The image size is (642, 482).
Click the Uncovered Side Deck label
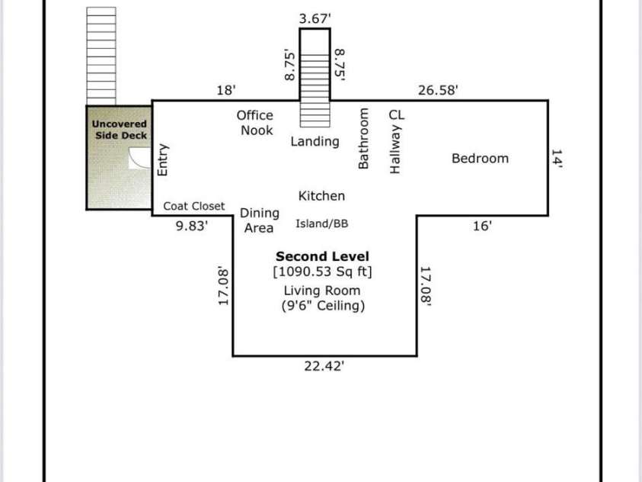(x=120, y=129)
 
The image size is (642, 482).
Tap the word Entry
(x=162, y=160)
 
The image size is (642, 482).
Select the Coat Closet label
(x=194, y=206)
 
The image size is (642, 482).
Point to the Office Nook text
(x=255, y=123)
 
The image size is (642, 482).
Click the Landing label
(x=315, y=141)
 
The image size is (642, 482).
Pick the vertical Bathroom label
(x=363, y=138)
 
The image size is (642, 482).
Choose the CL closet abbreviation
(x=397, y=114)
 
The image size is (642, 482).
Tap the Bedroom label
(x=480, y=159)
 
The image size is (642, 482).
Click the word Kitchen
(x=321, y=196)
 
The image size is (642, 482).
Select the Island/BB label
(x=322, y=223)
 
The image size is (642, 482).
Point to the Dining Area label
(x=259, y=220)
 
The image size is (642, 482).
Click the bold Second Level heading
(x=322, y=256)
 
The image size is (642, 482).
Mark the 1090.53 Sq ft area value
(x=322, y=272)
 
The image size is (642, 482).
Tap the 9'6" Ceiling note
(x=322, y=306)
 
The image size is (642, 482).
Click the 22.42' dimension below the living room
(x=324, y=366)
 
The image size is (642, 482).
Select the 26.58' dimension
(x=438, y=90)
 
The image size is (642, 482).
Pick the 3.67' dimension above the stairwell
(x=315, y=17)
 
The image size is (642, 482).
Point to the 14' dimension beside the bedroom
(x=556, y=159)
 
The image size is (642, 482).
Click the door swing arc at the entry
(x=140, y=158)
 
